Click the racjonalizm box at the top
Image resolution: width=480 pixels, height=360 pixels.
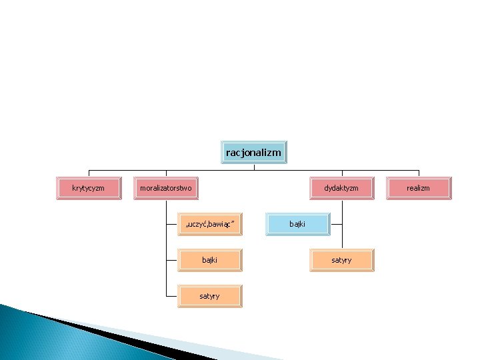click(253, 153)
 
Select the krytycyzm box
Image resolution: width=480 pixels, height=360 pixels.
click(88, 188)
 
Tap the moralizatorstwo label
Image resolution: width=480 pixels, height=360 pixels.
click(165, 188)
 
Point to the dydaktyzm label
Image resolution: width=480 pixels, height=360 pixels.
click(341, 188)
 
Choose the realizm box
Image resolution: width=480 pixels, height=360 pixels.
click(418, 188)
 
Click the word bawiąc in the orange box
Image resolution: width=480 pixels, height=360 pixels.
click(221, 224)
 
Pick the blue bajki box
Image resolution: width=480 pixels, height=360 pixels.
click(297, 224)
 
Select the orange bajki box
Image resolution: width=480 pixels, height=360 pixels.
click(209, 260)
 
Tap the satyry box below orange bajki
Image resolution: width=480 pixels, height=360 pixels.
click(209, 296)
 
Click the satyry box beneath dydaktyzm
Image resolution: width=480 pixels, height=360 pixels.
click(341, 260)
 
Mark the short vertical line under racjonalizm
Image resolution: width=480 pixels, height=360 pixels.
click(254, 167)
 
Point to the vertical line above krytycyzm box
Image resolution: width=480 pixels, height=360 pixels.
click(89, 173)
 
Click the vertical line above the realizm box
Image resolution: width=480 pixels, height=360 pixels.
click(419, 173)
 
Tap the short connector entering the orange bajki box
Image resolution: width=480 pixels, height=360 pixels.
click(171, 260)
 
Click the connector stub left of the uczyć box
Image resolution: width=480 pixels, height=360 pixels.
click(171, 224)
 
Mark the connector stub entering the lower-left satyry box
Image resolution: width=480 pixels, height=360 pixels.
click(171, 296)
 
